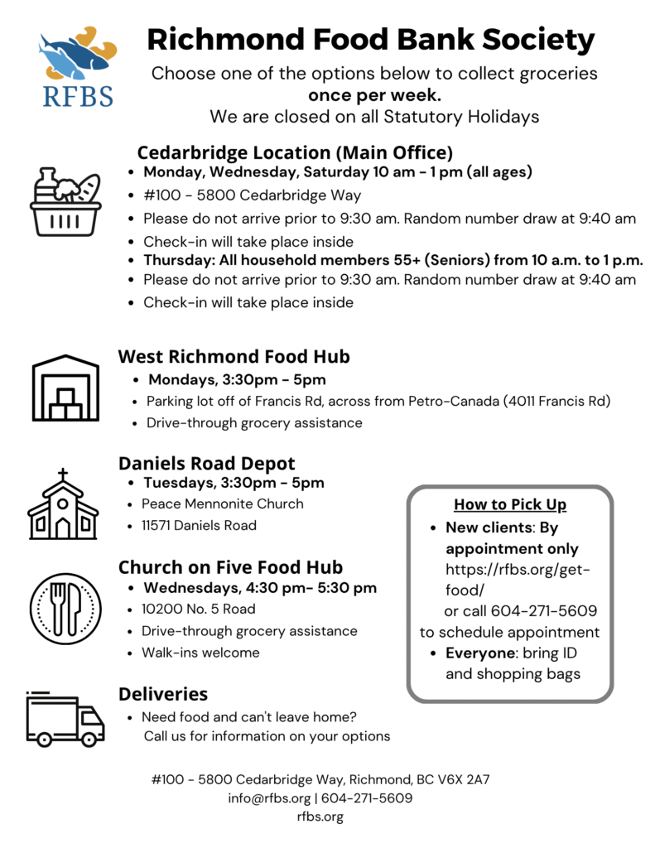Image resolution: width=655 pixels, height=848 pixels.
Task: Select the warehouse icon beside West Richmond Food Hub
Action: [x=65, y=387]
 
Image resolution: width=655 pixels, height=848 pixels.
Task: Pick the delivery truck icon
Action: [x=65, y=718]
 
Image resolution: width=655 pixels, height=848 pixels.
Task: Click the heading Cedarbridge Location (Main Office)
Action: [x=295, y=153]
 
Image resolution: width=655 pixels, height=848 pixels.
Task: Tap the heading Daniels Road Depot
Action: [x=206, y=463]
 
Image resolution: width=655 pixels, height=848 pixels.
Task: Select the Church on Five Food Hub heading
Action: [x=230, y=567]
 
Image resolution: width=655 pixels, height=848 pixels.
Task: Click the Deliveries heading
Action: [x=163, y=693]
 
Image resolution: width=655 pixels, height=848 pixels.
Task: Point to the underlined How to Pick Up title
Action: [x=510, y=505]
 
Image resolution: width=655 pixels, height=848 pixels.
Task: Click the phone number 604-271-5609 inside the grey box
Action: [x=544, y=611]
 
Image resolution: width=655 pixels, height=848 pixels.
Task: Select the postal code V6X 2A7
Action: [x=464, y=780]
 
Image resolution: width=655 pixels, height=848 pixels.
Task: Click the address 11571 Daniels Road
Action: [x=199, y=525]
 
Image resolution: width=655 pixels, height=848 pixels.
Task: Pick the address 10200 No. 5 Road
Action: [x=199, y=609]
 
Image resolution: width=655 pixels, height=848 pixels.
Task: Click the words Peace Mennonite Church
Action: [x=223, y=503]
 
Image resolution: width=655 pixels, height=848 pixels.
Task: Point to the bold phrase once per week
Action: [x=374, y=94]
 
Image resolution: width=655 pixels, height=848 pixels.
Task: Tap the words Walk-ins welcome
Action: [x=200, y=653]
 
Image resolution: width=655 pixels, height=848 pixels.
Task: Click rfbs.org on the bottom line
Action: [x=320, y=817]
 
